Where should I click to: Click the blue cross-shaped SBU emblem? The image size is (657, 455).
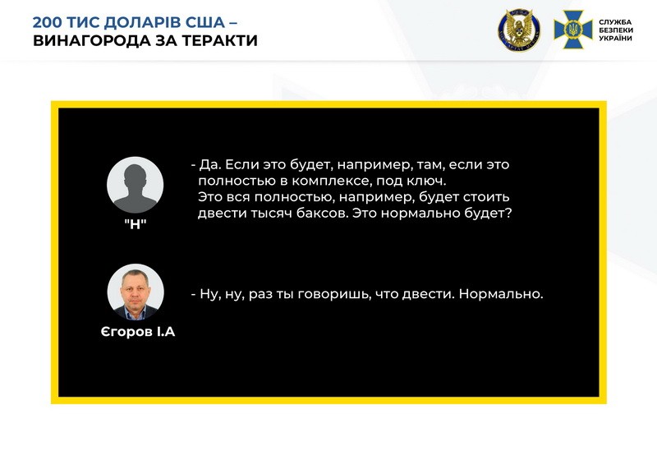pyautogui.click(x=572, y=30)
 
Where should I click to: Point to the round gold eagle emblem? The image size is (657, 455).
pyautogui.click(x=519, y=30)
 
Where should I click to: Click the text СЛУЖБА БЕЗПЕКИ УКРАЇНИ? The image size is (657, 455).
pyautogui.click(x=615, y=30)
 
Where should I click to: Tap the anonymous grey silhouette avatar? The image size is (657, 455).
pyautogui.click(x=135, y=185)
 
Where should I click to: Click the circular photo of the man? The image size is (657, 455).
pyautogui.click(x=136, y=292)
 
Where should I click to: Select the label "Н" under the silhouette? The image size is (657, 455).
pyautogui.click(x=135, y=224)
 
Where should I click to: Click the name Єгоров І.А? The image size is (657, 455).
pyautogui.click(x=138, y=332)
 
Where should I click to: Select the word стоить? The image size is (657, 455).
pyautogui.click(x=485, y=197)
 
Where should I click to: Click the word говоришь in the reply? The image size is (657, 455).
pyautogui.click(x=334, y=295)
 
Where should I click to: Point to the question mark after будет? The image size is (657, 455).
pyautogui.click(x=508, y=214)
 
